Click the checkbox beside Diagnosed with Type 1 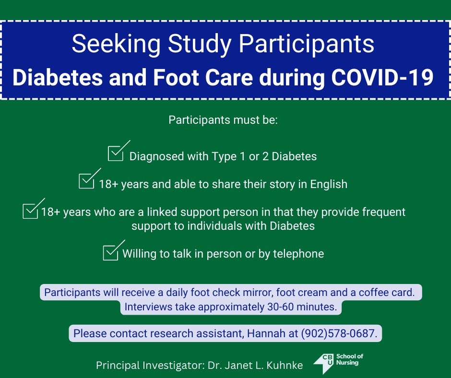(116, 154)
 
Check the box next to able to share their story (86, 181)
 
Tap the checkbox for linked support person (30, 211)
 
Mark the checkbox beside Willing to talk (110, 253)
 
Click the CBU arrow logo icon (323, 364)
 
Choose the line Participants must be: (223, 120)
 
